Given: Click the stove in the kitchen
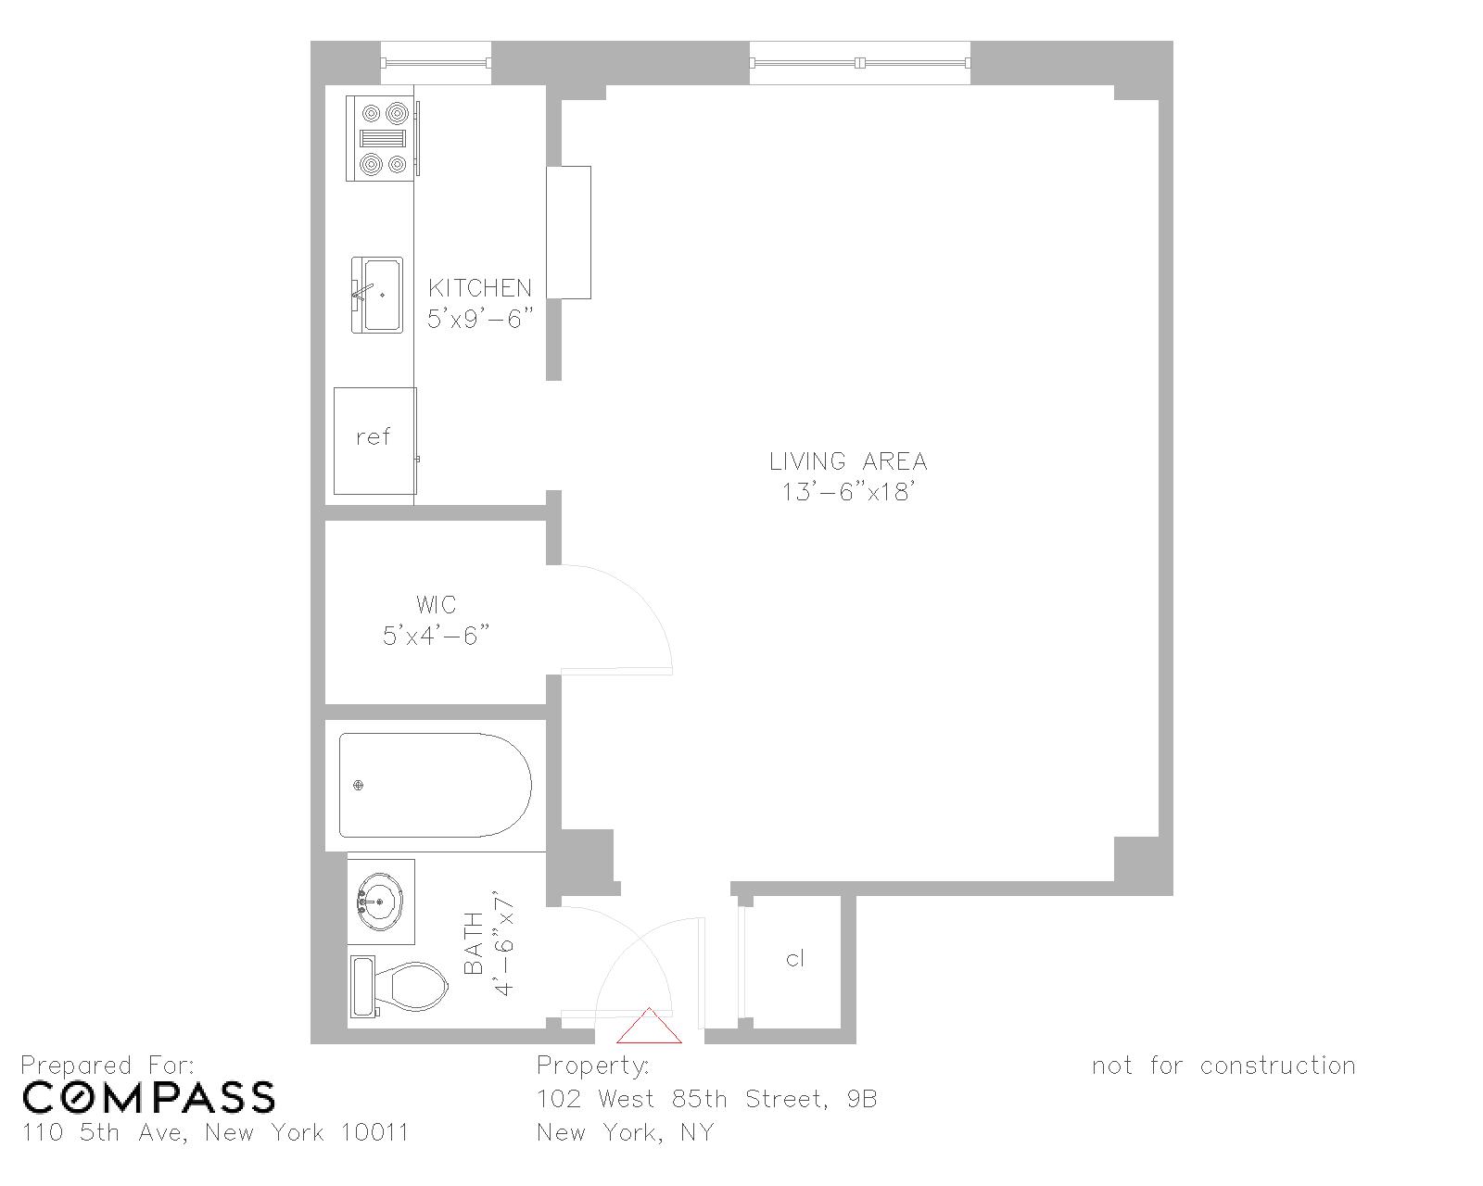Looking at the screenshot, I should point(382,138).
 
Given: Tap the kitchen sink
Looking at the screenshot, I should point(378,295).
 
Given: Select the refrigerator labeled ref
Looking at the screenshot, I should point(374,440).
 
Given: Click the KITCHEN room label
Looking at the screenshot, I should point(480,287).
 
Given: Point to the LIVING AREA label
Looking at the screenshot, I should point(848,461).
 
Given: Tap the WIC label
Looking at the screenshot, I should point(436,605).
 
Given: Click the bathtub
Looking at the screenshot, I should point(434,786).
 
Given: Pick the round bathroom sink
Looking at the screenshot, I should point(380,900).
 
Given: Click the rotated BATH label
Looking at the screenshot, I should point(473,943).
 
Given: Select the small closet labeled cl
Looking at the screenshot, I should point(794,959).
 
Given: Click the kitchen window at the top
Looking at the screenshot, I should point(436,63).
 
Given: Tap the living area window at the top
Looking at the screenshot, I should point(860,63).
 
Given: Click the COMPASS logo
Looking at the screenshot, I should point(148,1097).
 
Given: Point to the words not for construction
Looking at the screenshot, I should point(1223,1066).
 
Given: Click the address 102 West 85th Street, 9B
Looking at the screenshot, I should point(706,1099).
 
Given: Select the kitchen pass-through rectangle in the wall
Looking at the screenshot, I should point(568,233).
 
